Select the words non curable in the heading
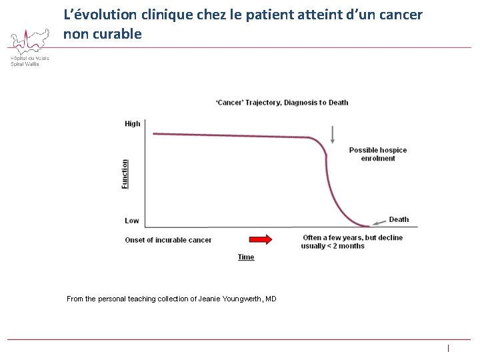click(x=103, y=34)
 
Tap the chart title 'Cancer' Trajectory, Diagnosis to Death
click(x=281, y=102)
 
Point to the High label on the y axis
click(x=133, y=123)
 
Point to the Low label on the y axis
click(x=132, y=221)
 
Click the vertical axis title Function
click(x=125, y=173)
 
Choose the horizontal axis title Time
click(x=246, y=257)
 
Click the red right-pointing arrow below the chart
click(x=261, y=239)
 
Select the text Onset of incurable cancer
click(x=168, y=240)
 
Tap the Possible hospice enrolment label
click(x=377, y=154)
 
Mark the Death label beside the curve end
click(x=399, y=219)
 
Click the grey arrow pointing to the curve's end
click(x=379, y=222)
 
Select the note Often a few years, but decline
click(x=352, y=237)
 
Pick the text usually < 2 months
click(x=333, y=246)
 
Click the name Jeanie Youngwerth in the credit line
click(x=230, y=299)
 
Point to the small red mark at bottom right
click(x=449, y=348)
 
